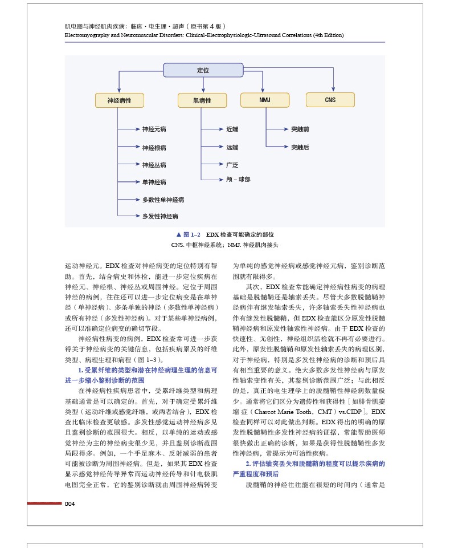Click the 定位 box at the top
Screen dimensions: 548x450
(203, 70)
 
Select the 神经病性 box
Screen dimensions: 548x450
(119, 100)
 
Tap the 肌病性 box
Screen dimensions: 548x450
(202, 100)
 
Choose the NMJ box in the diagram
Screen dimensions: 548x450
(265, 100)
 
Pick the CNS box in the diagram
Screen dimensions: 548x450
(330, 100)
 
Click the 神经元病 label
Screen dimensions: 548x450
(154, 130)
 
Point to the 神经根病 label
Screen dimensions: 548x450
(154, 148)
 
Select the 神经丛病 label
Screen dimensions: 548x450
(154, 165)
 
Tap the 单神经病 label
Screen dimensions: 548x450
(154, 182)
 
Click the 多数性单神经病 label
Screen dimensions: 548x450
(163, 200)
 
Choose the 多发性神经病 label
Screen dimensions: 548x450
(160, 217)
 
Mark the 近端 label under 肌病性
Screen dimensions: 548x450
(232, 130)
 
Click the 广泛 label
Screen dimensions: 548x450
(232, 165)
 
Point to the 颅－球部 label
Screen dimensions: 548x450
(238, 179)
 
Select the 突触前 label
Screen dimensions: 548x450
(300, 130)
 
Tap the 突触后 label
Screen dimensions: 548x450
(300, 147)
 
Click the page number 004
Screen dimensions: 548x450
(69, 504)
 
